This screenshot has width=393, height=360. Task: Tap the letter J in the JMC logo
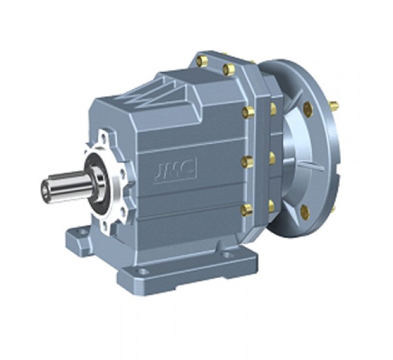coord(159,174)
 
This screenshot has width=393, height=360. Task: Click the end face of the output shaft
coord(45,190)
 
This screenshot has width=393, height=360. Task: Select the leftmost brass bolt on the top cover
coord(202,62)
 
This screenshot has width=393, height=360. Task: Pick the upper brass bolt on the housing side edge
coord(248,113)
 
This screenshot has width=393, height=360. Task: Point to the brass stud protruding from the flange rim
coord(333,105)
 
